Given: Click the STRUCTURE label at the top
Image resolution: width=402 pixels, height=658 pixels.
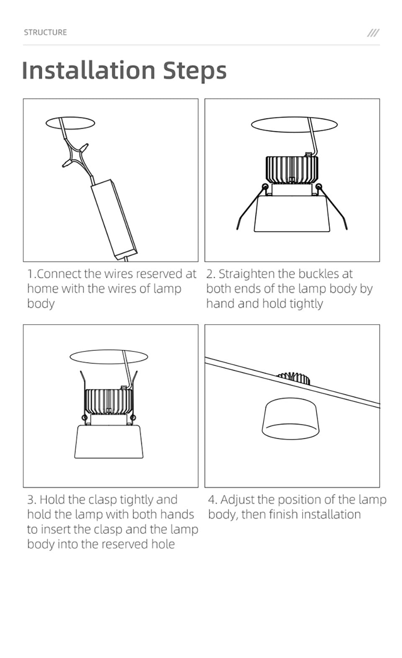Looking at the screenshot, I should click(45, 32).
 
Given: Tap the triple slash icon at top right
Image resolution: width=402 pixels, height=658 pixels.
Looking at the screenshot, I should click(373, 33).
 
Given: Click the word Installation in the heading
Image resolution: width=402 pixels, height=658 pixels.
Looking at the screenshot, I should click(88, 70).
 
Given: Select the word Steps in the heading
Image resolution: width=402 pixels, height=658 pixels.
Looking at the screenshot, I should click(195, 70).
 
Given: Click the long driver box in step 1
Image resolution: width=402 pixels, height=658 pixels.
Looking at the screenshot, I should click(114, 218).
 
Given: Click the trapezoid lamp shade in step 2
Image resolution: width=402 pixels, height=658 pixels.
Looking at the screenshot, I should click(292, 214).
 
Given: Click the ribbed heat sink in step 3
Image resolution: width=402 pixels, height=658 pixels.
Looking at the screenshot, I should click(108, 402).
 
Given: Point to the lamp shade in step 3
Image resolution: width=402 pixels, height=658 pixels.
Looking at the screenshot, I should click(109, 442).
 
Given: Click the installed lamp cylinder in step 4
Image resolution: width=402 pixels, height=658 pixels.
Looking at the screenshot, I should click(290, 419).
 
